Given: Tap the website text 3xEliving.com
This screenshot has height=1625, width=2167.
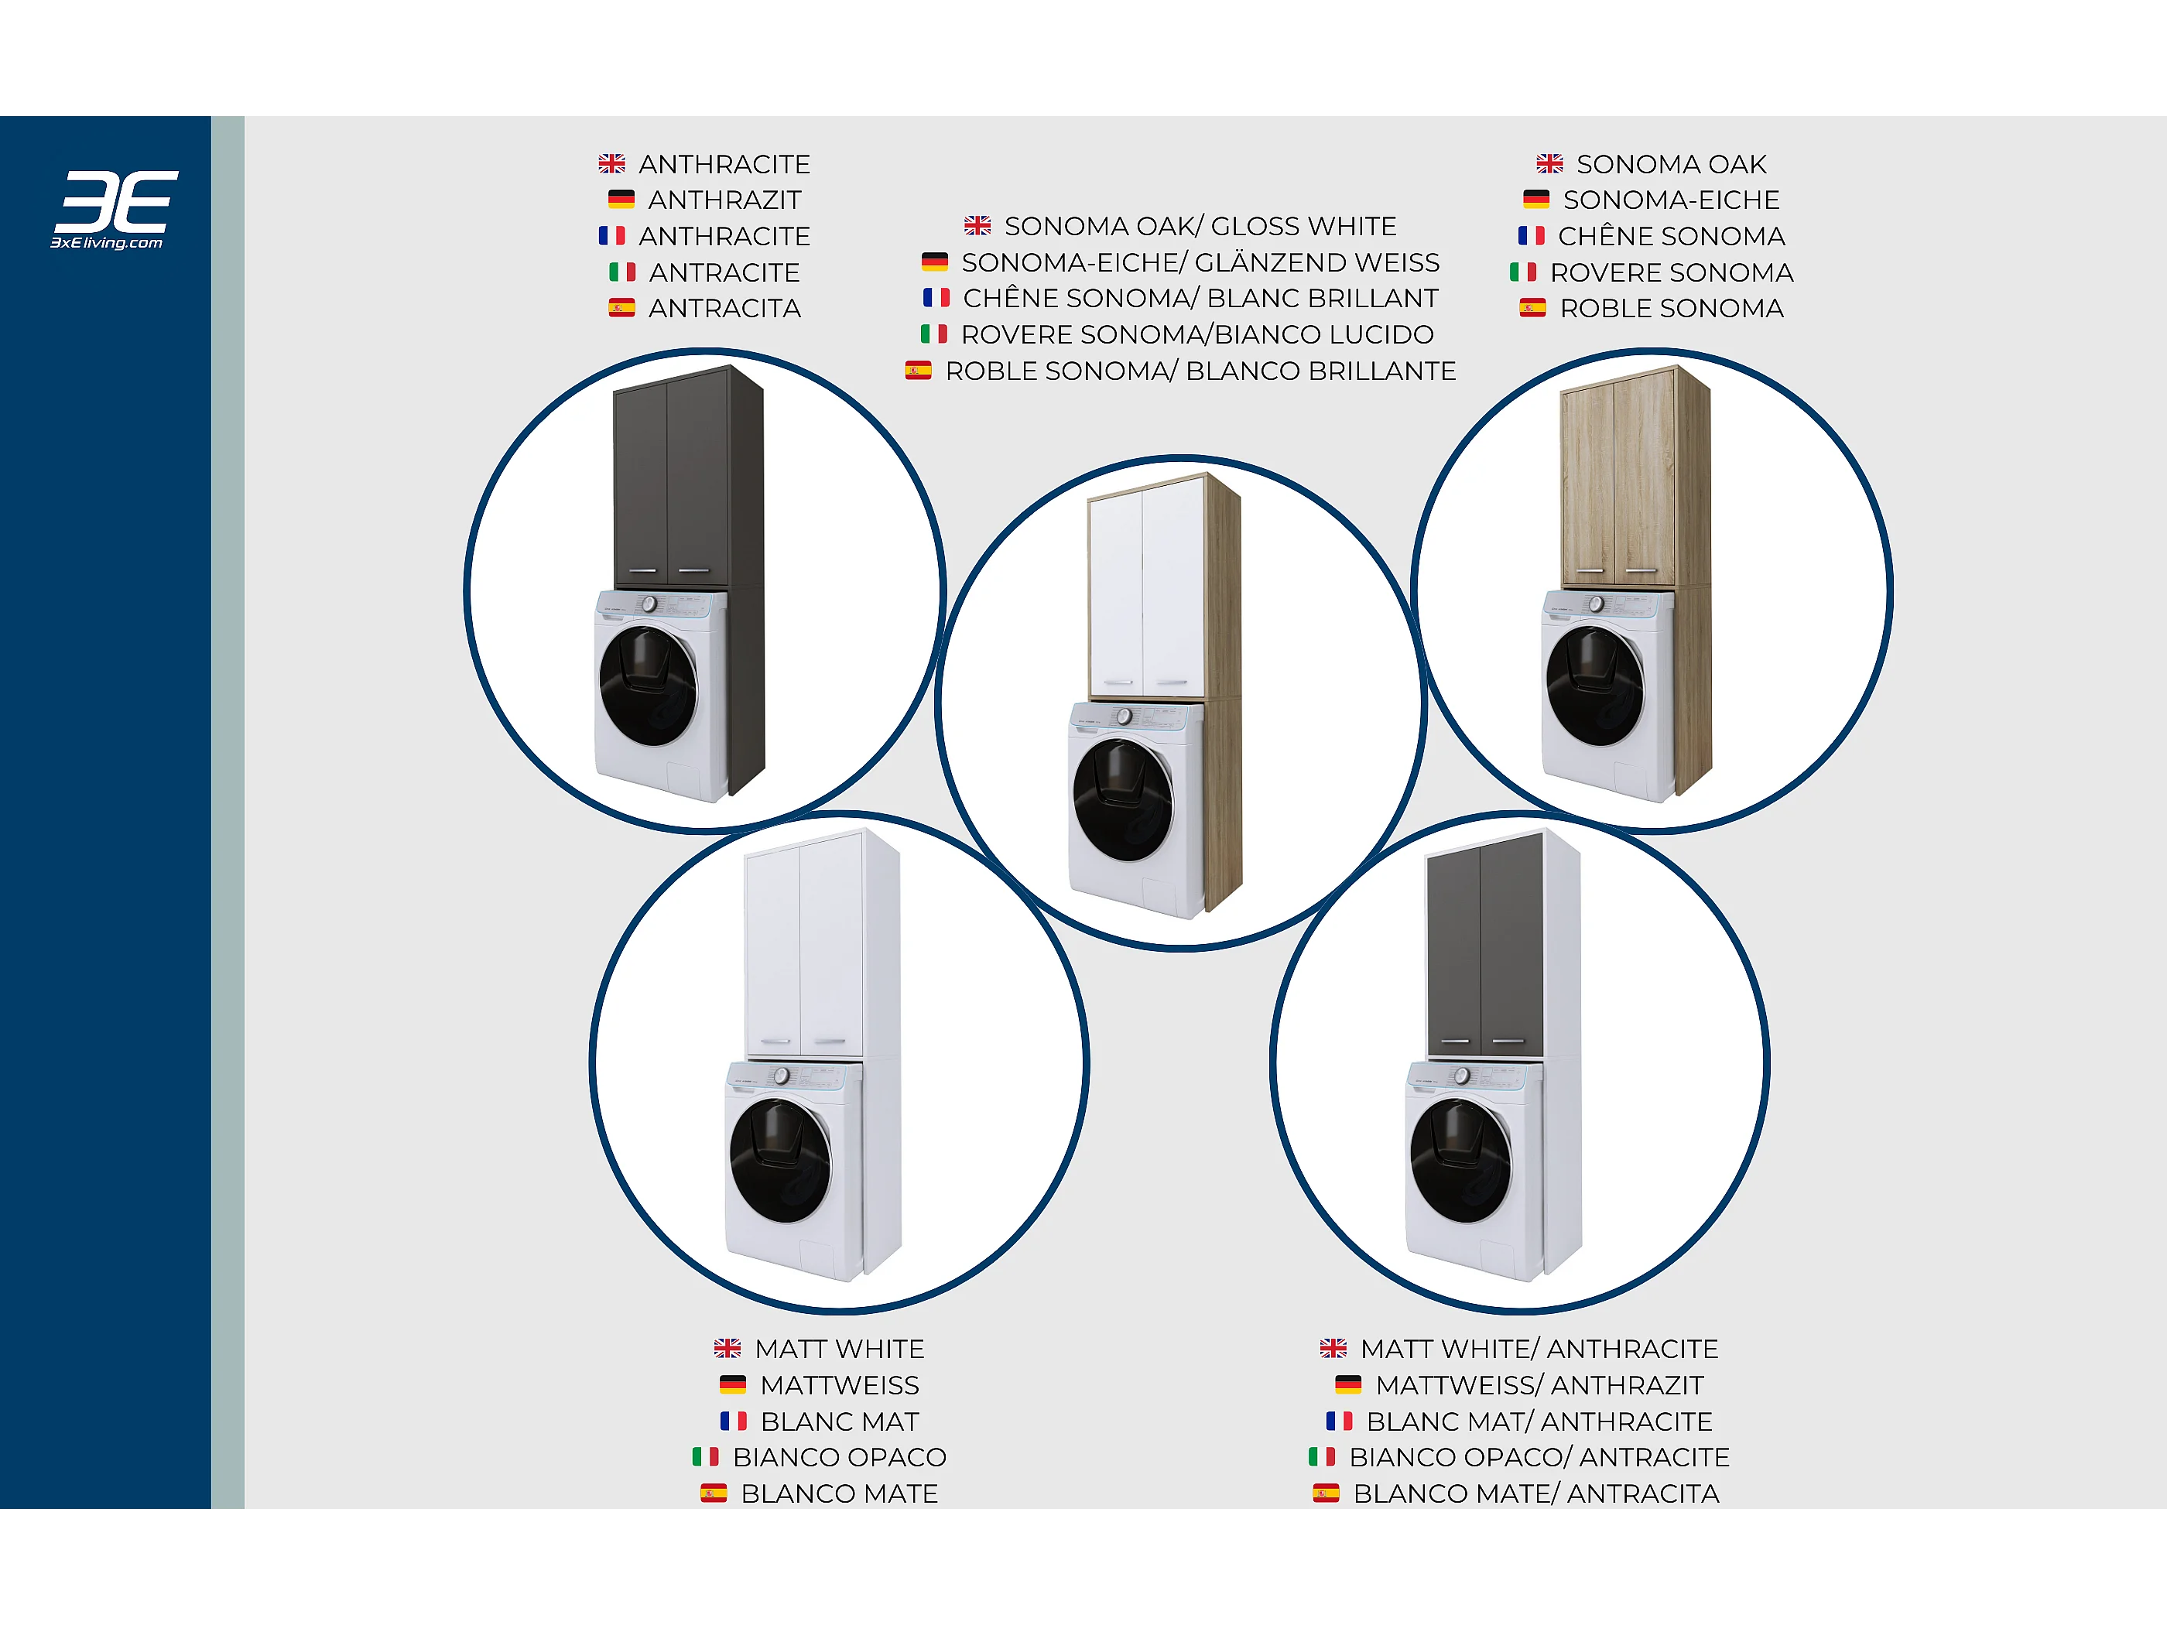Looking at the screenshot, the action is click(107, 243).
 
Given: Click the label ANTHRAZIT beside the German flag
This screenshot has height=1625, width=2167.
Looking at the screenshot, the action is click(725, 200).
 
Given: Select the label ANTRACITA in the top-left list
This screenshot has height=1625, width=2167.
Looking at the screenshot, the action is click(725, 309).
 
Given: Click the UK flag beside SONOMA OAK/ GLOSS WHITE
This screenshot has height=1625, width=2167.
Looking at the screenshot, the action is click(977, 225).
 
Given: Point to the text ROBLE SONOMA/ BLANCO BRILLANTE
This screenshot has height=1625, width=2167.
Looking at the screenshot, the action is click(1200, 371).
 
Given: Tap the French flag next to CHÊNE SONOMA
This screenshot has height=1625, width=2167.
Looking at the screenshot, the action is click(1531, 236).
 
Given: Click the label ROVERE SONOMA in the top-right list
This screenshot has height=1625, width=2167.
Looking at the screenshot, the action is click(1671, 272).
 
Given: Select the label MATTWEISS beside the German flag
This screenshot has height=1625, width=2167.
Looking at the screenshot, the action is click(840, 1385).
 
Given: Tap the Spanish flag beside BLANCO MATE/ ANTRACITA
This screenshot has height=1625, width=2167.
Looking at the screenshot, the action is click(1326, 1493).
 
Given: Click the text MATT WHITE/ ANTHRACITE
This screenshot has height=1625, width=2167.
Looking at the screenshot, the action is click(1539, 1349).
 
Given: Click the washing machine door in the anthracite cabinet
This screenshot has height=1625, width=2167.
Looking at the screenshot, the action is click(648, 686).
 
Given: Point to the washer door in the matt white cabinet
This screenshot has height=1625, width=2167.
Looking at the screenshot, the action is click(780, 1161).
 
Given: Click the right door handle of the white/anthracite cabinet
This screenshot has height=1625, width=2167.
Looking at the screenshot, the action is click(1508, 1042).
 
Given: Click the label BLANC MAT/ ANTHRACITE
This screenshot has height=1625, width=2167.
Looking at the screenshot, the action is click(1539, 1421).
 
